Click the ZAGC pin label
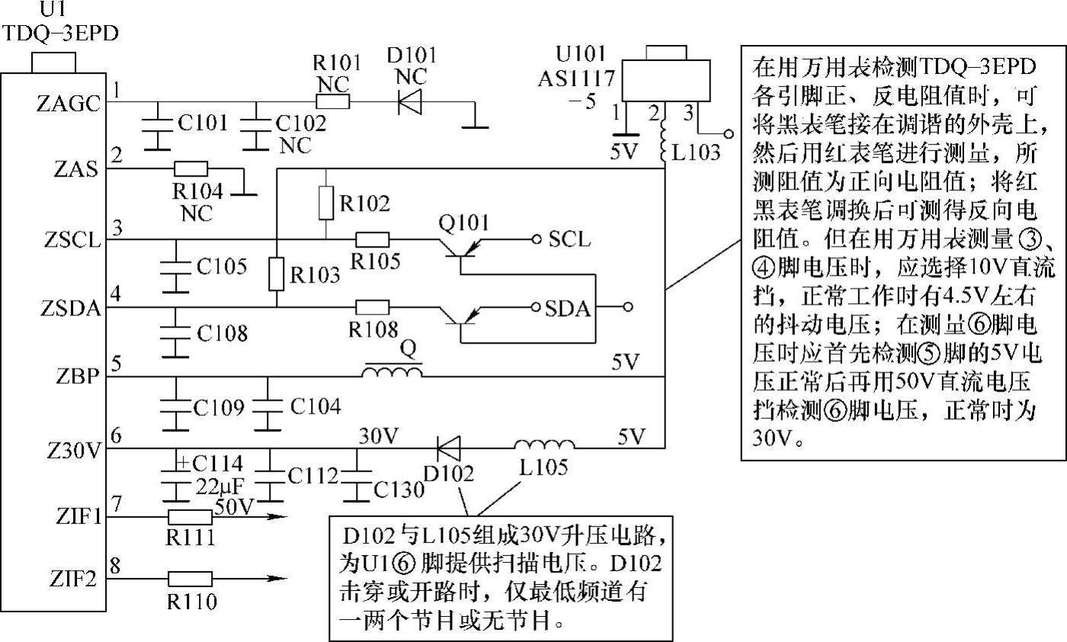pyautogui.click(x=69, y=104)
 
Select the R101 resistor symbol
pyautogui.click(x=333, y=101)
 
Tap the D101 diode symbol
pyautogui.click(x=410, y=101)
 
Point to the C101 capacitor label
pyautogui.click(x=203, y=123)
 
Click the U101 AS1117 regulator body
pyautogui.click(x=666, y=80)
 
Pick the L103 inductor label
pyautogui.click(x=695, y=153)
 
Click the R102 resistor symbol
pyautogui.click(x=326, y=203)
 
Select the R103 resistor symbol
pyautogui.click(x=276, y=274)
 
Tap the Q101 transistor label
pyautogui.click(x=463, y=222)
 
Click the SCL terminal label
pyautogui.click(x=569, y=239)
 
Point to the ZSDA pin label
pyautogui.click(x=71, y=308)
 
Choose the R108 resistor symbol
pyautogui.click(x=373, y=307)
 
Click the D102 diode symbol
pyautogui.click(x=448, y=449)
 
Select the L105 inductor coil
pyautogui.click(x=544, y=445)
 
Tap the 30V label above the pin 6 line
pyautogui.click(x=378, y=436)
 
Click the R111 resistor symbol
pyautogui.click(x=190, y=517)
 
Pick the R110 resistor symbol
pyautogui.click(x=190, y=579)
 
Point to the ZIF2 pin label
pyautogui.click(x=72, y=580)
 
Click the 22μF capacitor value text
pyautogui.click(x=219, y=487)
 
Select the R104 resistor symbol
pyautogui.click(x=191, y=168)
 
